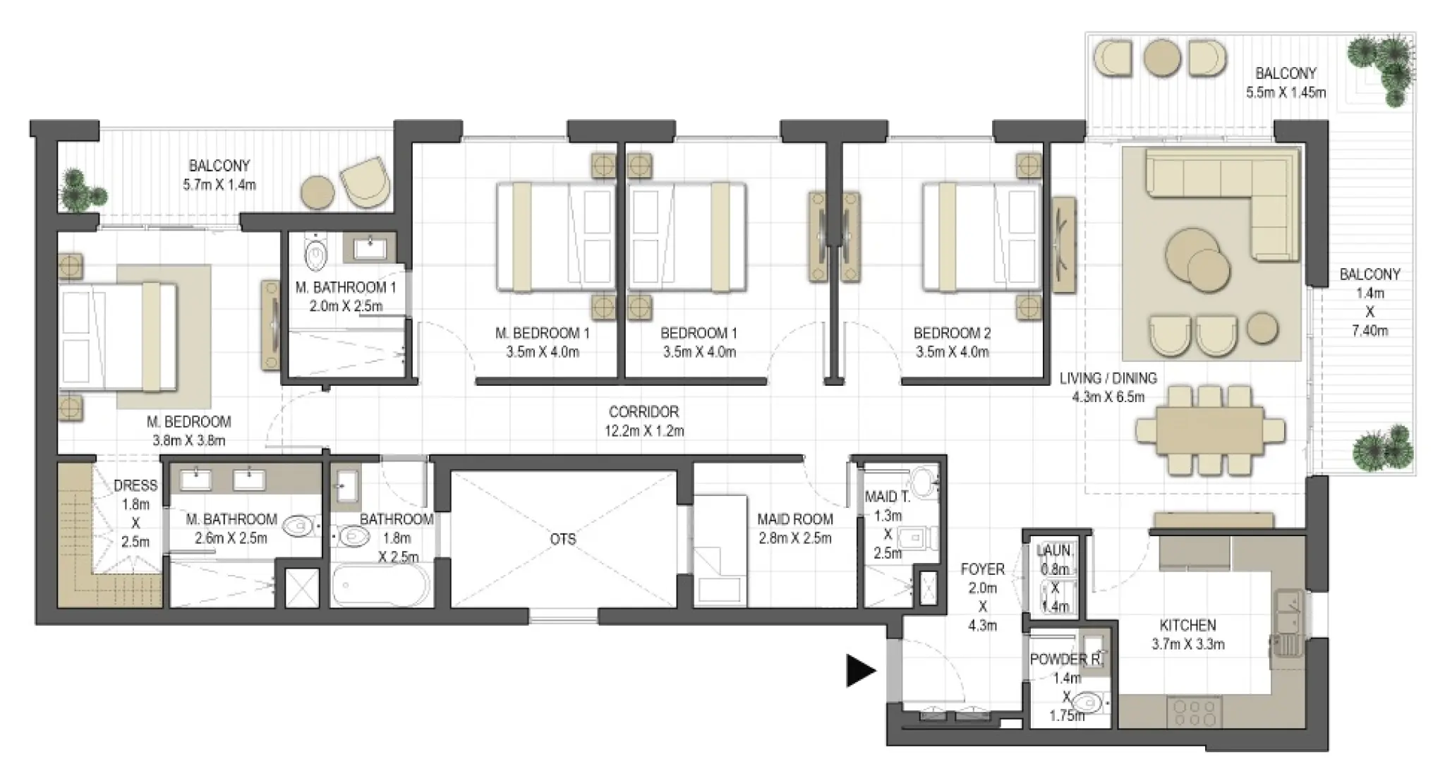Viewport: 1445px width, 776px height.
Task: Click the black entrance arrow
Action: (860, 670)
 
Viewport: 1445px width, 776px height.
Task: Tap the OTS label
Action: (562, 539)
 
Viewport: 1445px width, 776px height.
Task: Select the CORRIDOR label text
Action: (643, 411)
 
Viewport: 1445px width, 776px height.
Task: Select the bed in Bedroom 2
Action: (981, 237)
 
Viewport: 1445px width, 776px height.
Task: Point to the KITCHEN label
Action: (1187, 625)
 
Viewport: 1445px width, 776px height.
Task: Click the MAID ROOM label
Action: (794, 519)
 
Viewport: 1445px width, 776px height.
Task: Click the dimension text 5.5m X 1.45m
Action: (1286, 92)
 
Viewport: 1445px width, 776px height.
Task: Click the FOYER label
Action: (982, 569)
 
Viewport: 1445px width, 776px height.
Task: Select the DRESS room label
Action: (135, 485)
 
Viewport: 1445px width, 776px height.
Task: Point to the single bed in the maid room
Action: (720, 550)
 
